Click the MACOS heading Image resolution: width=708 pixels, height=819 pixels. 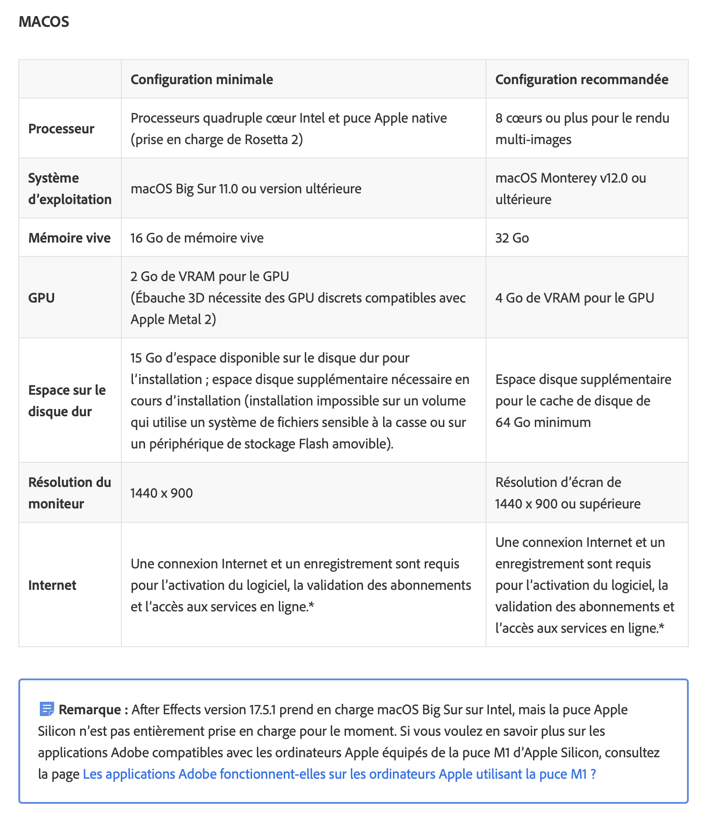tap(44, 21)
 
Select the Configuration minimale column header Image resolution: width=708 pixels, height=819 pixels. tap(201, 79)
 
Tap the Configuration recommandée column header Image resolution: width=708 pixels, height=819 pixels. tap(581, 79)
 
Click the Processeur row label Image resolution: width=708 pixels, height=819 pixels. tap(61, 129)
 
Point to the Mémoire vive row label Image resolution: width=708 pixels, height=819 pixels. tap(69, 238)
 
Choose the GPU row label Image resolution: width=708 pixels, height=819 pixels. tap(42, 298)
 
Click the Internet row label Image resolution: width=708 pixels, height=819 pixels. tap(52, 585)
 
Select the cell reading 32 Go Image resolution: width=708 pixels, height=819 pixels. tap(512, 238)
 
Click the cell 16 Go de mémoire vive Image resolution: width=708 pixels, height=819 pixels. tap(197, 238)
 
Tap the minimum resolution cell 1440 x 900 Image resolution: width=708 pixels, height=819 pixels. tap(162, 493)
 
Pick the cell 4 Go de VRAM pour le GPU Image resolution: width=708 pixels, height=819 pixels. tap(575, 298)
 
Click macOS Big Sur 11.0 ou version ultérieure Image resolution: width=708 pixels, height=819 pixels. tap(246, 188)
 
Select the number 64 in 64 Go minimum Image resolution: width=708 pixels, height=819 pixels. tap(503, 422)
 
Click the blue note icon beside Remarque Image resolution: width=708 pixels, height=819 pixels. tap(47, 709)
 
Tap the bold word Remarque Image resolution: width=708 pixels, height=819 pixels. tap(90, 709)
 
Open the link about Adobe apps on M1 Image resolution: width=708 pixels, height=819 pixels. tap(339, 774)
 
